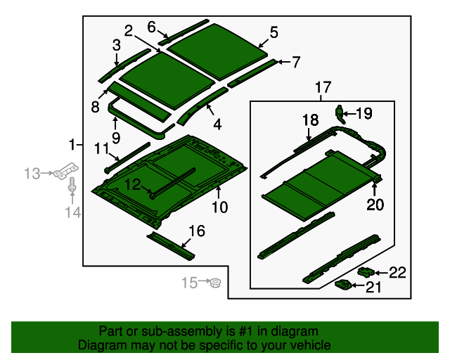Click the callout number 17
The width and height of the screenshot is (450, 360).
click(x=323, y=87)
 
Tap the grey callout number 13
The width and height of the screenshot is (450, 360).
click(x=32, y=174)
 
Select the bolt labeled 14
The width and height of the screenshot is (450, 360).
click(x=72, y=185)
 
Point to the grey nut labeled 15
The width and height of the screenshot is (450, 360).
click(x=215, y=283)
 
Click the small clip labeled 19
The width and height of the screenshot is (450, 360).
click(x=340, y=114)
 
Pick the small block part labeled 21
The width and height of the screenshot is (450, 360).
click(x=344, y=285)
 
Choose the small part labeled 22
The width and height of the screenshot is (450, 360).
click(x=366, y=272)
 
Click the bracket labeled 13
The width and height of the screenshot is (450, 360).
click(x=66, y=171)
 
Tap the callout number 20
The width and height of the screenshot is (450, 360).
click(x=375, y=205)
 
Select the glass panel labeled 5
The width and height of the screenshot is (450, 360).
click(x=217, y=51)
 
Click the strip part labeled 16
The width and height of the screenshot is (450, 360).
click(x=171, y=245)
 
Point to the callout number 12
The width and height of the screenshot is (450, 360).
click(x=132, y=184)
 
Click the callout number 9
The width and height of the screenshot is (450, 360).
click(x=115, y=138)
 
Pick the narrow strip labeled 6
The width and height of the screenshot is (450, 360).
click(x=183, y=32)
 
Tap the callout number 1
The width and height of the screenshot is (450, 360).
click(x=72, y=144)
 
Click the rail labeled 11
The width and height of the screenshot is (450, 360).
click(x=127, y=157)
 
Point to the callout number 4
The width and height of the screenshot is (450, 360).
click(x=217, y=124)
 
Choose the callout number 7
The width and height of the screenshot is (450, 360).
click(x=296, y=62)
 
